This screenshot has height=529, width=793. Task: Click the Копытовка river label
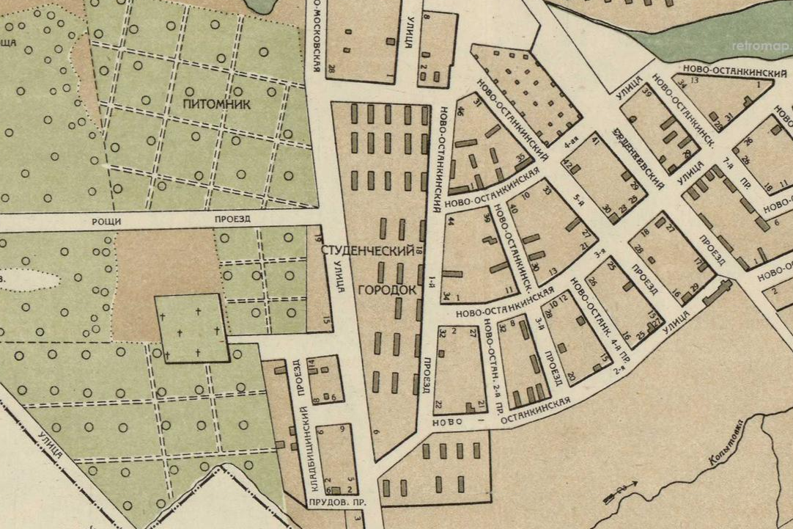(726, 442)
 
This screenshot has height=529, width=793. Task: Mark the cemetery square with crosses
(191, 328)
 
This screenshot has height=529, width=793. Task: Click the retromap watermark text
(761, 45)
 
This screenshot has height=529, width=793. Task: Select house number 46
(461, 112)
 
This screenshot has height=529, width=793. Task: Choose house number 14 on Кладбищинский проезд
(311, 363)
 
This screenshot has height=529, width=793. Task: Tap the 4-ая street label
(572, 146)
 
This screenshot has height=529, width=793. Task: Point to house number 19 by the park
(318, 237)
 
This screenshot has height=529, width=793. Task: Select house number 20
(571, 376)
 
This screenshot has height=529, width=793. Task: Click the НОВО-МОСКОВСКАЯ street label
(316, 37)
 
